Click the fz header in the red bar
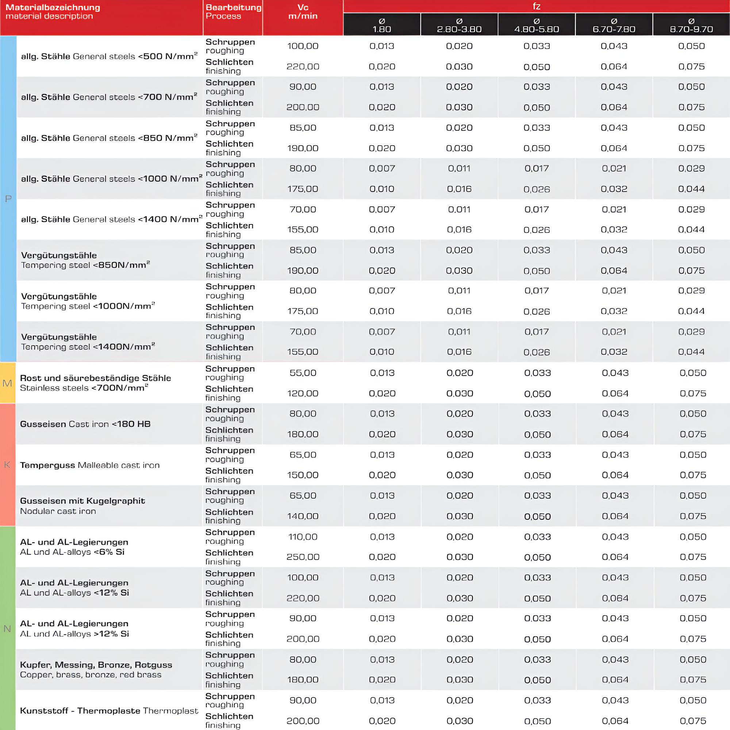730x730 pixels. (536, 7)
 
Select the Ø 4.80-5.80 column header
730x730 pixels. (536, 25)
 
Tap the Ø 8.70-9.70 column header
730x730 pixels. (691, 25)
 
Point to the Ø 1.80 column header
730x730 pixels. (382, 25)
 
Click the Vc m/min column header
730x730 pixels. (303, 12)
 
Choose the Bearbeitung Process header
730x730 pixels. (233, 12)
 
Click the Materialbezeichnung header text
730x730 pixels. (53, 8)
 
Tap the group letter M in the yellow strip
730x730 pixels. (7, 383)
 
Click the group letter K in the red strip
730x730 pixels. (7, 465)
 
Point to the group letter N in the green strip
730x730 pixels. (7, 629)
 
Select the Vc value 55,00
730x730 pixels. (303, 373)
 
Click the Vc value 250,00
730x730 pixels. (303, 557)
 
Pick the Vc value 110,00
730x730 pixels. (303, 537)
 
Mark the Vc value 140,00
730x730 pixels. (303, 516)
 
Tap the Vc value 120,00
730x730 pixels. (303, 393)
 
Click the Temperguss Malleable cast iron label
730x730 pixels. (89, 465)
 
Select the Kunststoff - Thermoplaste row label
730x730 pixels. (109, 711)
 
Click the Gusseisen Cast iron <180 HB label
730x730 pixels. (85, 424)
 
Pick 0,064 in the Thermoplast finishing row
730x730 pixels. (615, 721)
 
